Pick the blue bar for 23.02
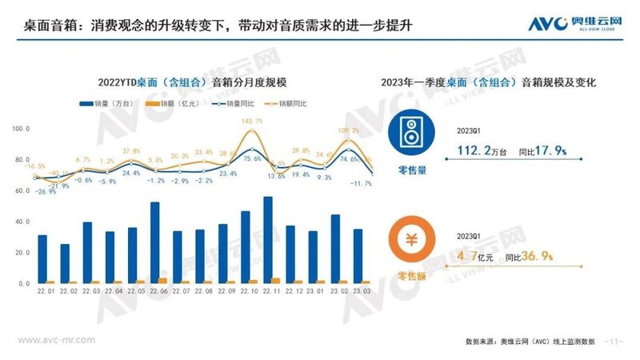[335, 249]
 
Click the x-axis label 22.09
[223, 292]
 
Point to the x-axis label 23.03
[358, 292]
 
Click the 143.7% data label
[252, 121]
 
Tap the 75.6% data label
[252, 159]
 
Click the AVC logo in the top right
[570, 24]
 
